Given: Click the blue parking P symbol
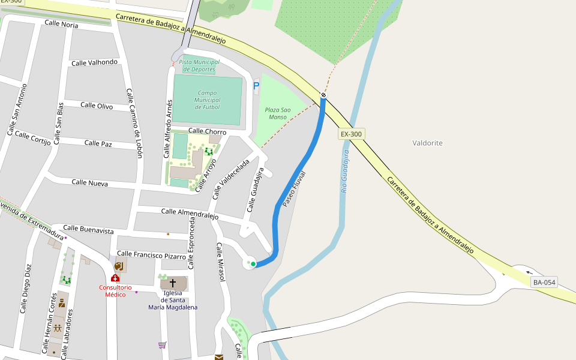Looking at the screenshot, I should pyautogui.click(x=256, y=86).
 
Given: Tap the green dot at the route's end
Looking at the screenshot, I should pyautogui.click(x=253, y=263).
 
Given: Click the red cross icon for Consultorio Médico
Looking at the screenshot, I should pyautogui.click(x=115, y=278).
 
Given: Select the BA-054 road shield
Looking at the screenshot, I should pyautogui.click(x=544, y=282).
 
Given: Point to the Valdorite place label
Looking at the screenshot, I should pyautogui.click(x=428, y=143).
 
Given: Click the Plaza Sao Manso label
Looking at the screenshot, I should pyautogui.click(x=278, y=113).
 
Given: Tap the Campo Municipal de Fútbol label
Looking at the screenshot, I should pyautogui.click(x=208, y=100).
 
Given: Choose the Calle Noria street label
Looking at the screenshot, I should pyautogui.click(x=61, y=24).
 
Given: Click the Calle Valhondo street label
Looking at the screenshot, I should pyautogui.click(x=94, y=62).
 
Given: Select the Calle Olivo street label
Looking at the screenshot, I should pyautogui.click(x=97, y=106).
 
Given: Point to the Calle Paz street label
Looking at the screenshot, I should pyautogui.click(x=98, y=143).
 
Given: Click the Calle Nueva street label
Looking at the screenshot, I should pyautogui.click(x=89, y=182).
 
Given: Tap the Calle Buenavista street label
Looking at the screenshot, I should pyautogui.click(x=88, y=229).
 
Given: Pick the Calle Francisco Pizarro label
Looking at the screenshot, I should pyautogui.click(x=151, y=255).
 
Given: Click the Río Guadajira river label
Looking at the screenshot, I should pyautogui.click(x=345, y=171).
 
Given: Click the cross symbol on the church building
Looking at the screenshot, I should pyautogui.click(x=173, y=283).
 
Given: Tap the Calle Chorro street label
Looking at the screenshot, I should pyautogui.click(x=207, y=131).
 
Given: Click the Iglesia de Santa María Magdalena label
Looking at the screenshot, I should pyautogui.click(x=173, y=300).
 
